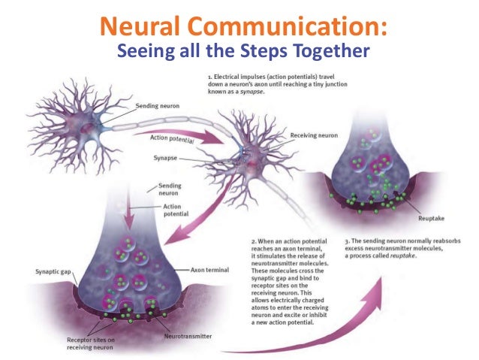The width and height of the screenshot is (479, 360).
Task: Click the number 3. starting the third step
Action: [x=346, y=241]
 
